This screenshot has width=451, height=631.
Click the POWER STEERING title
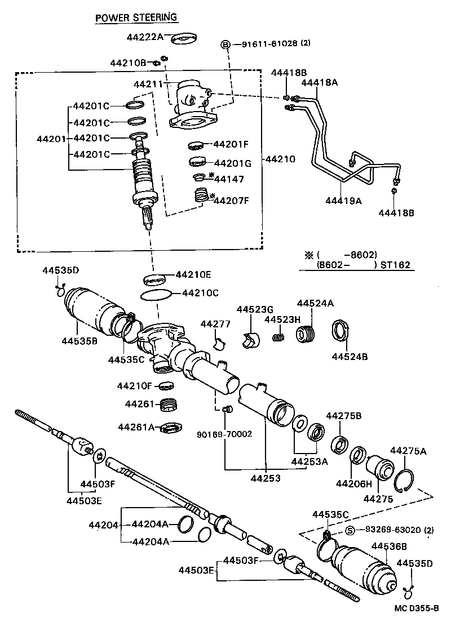click(136, 17)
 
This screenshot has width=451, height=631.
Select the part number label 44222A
click(144, 37)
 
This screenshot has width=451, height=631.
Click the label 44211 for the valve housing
click(148, 85)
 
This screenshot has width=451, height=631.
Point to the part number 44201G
click(233, 163)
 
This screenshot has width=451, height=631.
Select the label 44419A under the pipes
click(343, 200)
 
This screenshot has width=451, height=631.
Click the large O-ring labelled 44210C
click(154, 295)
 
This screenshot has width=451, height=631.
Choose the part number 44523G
click(254, 309)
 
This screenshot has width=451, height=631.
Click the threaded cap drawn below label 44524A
click(307, 334)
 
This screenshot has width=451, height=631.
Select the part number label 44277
click(211, 324)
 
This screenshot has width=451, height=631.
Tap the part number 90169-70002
click(224, 434)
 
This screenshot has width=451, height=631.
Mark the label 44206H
click(353, 483)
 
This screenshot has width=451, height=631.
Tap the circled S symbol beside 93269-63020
click(350, 530)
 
